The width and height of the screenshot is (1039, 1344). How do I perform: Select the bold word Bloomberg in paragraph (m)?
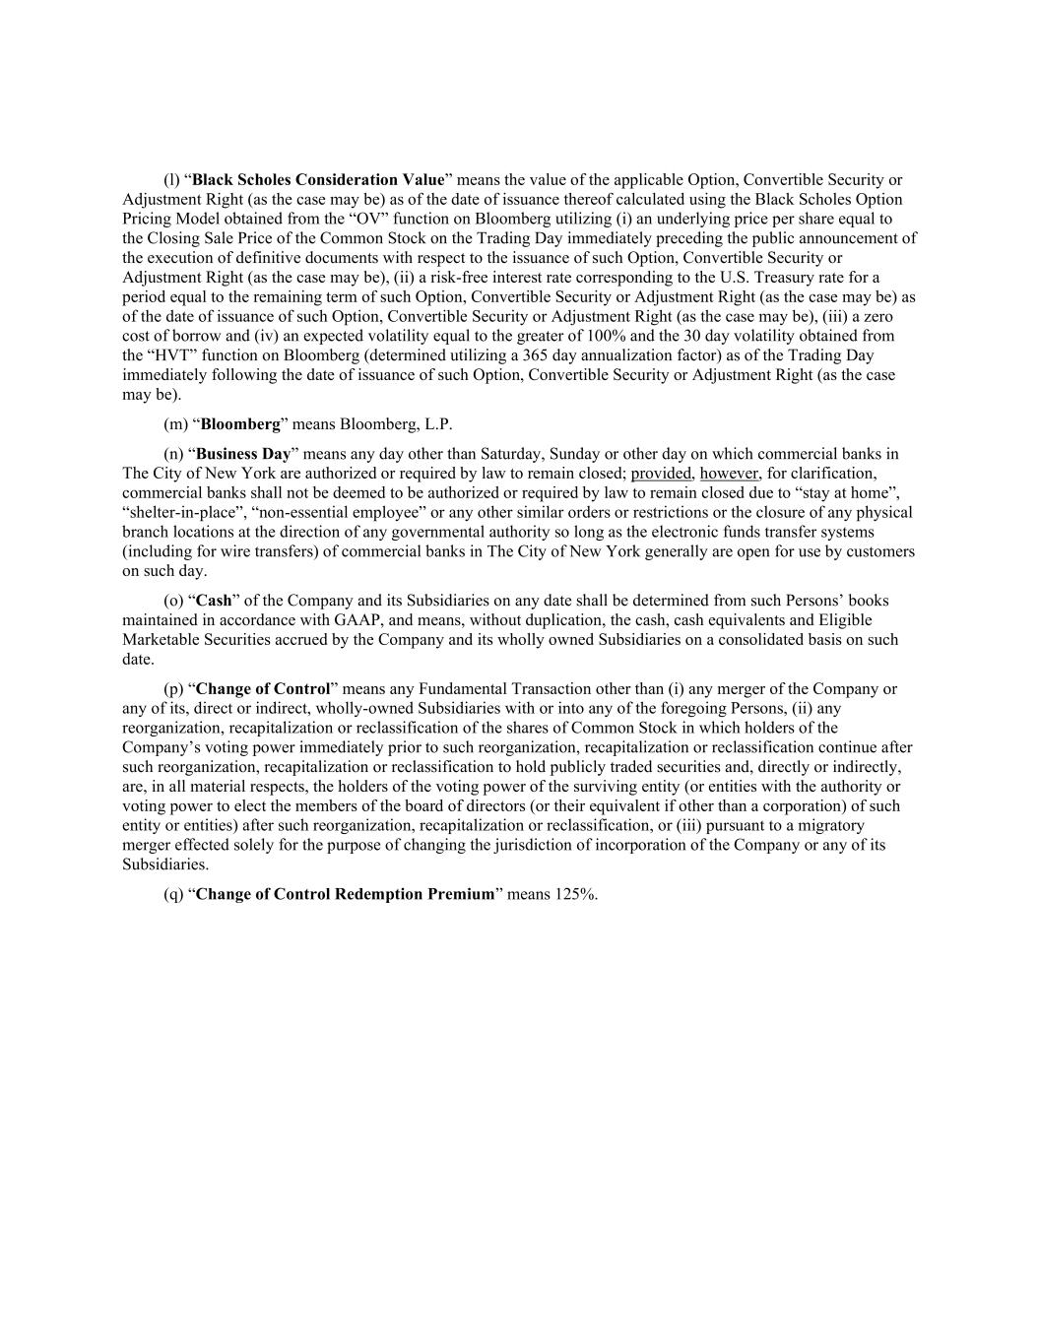pos(240,424)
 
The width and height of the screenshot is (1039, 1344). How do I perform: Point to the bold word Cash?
pos(214,601)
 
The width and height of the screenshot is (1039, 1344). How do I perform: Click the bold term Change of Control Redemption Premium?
pos(345,894)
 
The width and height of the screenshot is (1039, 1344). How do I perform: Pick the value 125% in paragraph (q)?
pos(576,894)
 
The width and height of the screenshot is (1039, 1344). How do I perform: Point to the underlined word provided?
pos(661,474)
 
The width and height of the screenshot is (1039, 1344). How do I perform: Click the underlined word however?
pos(729,474)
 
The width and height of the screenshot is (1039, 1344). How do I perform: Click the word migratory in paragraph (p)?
pos(830,825)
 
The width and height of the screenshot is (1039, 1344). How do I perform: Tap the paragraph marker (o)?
pos(172,601)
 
